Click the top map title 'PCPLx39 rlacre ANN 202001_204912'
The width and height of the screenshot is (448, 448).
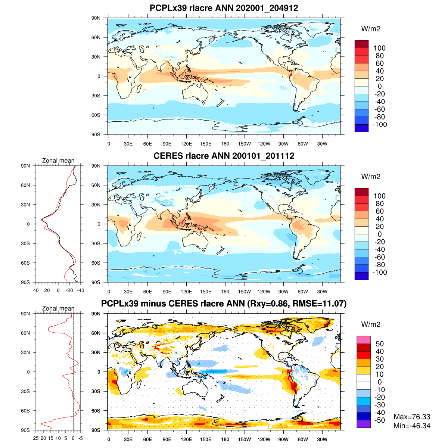[x=224, y=8]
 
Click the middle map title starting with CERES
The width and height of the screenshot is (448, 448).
[x=224, y=156]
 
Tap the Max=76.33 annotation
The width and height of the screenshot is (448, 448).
[x=412, y=417]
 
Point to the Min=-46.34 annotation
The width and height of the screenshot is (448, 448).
[x=412, y=426]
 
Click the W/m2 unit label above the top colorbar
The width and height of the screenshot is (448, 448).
[x=371, y=29]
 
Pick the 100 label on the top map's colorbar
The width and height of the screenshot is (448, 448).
[x=379, y=48]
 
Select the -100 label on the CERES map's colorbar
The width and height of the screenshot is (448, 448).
[x=379, y=273]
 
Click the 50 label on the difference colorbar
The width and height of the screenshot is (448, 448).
[x=379, y=344]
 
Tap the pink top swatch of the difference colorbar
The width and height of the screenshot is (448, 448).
[x=363, y=340]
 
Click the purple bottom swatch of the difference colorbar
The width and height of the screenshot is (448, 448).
[x=363, y=424]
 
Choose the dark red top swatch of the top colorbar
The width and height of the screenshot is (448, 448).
[x=361, y=44]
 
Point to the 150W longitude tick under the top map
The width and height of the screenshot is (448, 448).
[x=245, y=144]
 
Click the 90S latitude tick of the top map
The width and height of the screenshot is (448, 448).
[x=96, y=134]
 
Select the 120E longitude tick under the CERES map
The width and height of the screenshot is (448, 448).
[x=186, y=292]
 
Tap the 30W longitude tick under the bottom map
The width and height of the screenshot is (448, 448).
[x=322, y=440]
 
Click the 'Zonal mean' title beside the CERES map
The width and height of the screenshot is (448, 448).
[x=58, y=161]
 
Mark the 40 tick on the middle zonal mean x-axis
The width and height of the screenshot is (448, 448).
[x=36, y=290]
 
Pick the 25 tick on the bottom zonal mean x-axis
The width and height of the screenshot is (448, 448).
[x=36, y=438]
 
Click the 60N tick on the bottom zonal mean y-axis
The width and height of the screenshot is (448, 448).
[x=25, y=333]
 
